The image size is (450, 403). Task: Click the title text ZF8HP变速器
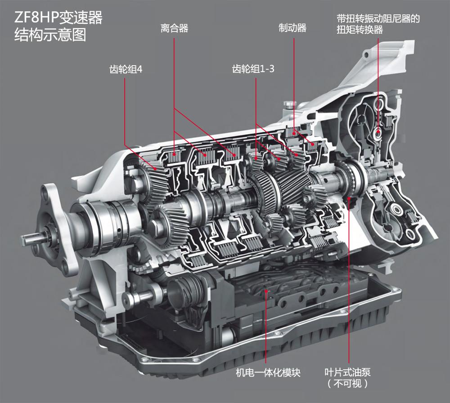pos(58,18)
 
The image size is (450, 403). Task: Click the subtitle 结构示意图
pos(50,35)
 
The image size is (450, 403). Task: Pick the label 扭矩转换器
pos(360,30)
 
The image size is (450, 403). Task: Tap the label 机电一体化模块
pos(268,373)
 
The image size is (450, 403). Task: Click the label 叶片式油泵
pos(347,372)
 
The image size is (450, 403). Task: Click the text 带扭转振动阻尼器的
pos(378,18)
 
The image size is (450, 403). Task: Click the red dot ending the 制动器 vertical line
pos(294,133)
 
